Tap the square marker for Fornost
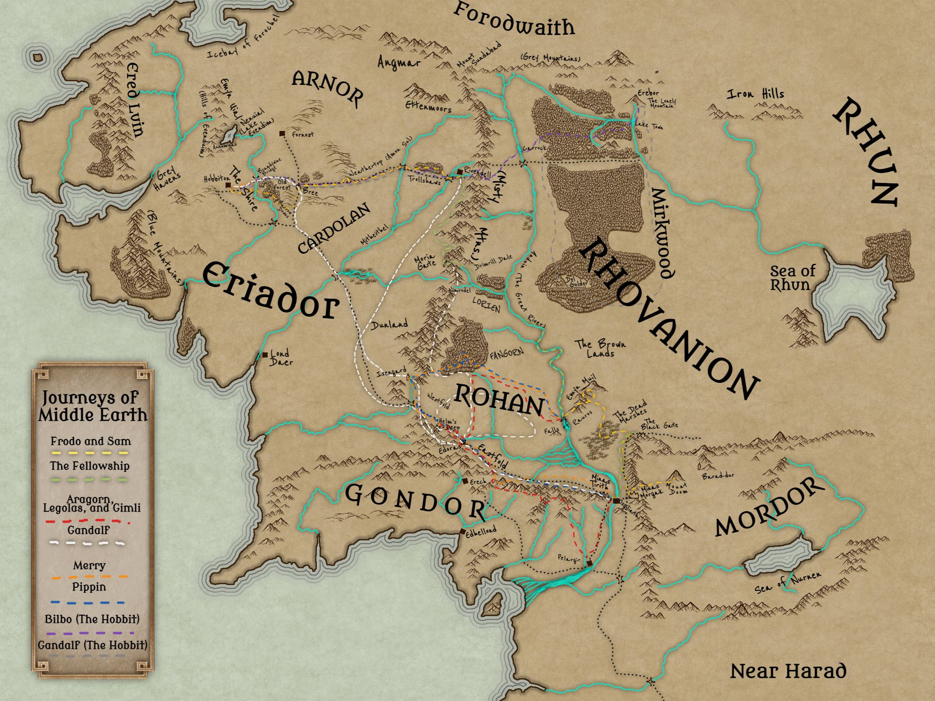[x=283, y=134]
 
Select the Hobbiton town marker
[x=227, y=185]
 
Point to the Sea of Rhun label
[x=793, y=277]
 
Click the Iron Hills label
[x=755, y=94]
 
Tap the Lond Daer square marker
[x=265, y=355]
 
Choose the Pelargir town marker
[x=590, y=564]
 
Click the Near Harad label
[x=788, y=671]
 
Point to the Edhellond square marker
[x=462, y=532]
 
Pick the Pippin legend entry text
[x=89, y=587]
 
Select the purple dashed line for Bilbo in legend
[x=89, y=633]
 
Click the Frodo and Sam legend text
[x=90, y=441]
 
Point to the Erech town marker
[x=464, y=481]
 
